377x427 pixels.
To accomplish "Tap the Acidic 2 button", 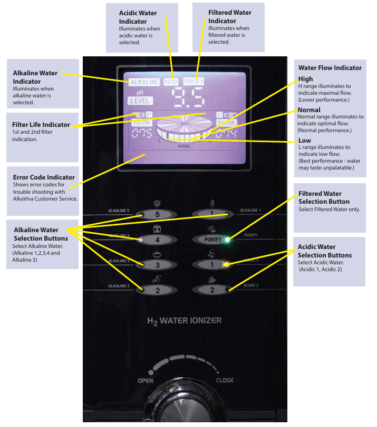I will pyautogui.click(x=211, y=289).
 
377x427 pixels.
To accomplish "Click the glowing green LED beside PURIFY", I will pyautogui.click(x=227, y=240).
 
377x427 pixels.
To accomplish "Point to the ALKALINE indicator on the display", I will pyautogui.click(x=144, y=82).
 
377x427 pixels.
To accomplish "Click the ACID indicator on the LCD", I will pyautogui.click(x=171, y=82).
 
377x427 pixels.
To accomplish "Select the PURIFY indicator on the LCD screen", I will pyautogui.click(x=193, y=82).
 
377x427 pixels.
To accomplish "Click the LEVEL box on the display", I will pyautogui.click(x=141, y=100).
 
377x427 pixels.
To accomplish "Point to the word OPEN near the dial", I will pyautogui.click(x=146, y=380).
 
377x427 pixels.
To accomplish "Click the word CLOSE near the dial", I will pyautogui.click(x=225, y=380).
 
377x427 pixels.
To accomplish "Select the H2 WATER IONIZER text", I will pyautogui.click(x=184, y=321).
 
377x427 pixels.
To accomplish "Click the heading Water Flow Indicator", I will pyautogui.click(x=330, y=68).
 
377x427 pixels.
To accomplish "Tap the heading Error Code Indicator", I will pyautogui.click(x=44, y=177).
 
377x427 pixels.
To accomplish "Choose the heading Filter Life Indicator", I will pyautogui.click(x=41, y=125).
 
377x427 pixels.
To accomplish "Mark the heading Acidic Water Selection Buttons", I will pyautogui.click(x=324, y=251).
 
